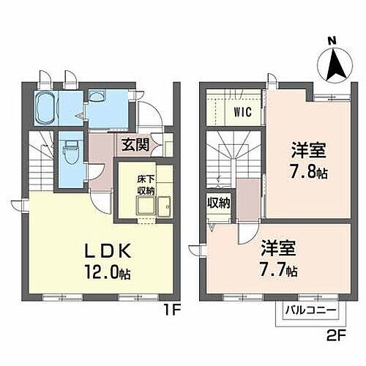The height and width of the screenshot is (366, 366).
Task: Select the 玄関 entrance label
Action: click(136, 144)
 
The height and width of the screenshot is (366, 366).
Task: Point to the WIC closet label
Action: click(242, 112)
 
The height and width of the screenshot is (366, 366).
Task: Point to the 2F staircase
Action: click(231, 157)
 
